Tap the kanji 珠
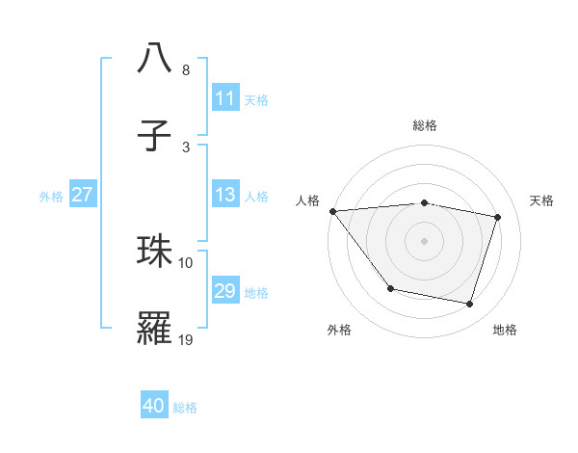click(x=154, y=251)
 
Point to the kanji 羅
click(x=154, y=327)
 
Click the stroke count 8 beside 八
click(x=185, y=70)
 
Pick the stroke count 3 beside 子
click(x=185, y=147)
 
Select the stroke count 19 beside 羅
click(x=186, y=339)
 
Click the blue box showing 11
click(x=225, y=98)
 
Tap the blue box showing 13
click(x=225, y=195)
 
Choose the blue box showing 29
click(x=225, y=291)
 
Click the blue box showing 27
click(x=83, y=195)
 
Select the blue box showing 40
click(x=154, y=406)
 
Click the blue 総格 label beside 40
click(x=185, y=408)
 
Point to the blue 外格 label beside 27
click(x=51, y=196)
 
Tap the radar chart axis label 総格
click(x=425, y=125)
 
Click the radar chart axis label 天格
click(x=542, y=200)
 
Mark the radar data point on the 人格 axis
click(x=332, y=211)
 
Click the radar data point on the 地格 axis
click(x=470, y=305)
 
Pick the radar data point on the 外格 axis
click(x=390, y=288)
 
